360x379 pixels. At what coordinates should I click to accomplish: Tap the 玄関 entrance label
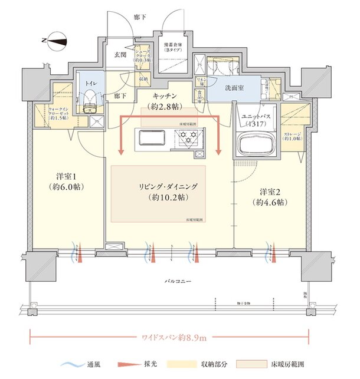tap(120, 54)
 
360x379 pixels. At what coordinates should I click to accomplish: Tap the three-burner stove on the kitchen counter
tap(188, 139)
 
